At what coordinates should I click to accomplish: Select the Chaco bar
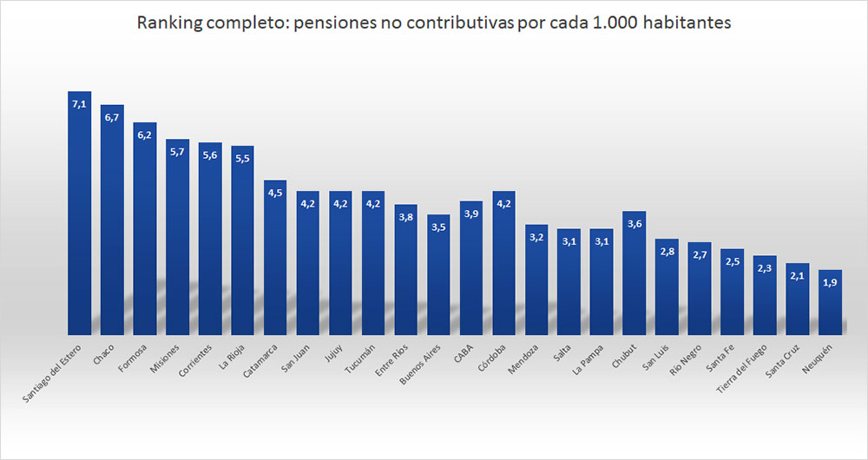[x=112, y=221]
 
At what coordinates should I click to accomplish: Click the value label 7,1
[x=79, y=104]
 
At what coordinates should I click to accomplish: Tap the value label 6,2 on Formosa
[x=144, y=135]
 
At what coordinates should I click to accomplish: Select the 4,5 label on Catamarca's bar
[x=275, y=193]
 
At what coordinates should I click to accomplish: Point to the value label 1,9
[x=830, y=283]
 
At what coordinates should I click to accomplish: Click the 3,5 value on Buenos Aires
[x=438, y=227]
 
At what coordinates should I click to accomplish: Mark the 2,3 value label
[x=765, y=269]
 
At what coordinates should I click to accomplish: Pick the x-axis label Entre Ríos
[x=391, y=358]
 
